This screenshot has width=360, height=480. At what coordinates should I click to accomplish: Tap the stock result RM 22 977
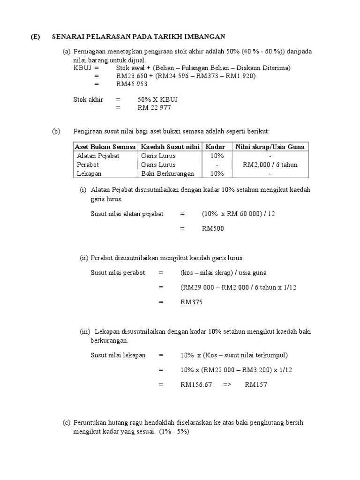point(154,108)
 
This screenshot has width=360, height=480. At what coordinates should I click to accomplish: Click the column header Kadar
point(216,147)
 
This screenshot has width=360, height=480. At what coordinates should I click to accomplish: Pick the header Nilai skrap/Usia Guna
point(270,147)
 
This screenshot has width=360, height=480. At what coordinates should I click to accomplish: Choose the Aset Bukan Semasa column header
point(105,147)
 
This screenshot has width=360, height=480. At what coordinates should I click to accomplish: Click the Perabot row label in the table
point(88,165)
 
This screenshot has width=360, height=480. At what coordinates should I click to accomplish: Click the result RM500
point(213,229)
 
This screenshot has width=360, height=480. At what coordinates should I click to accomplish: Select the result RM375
point(191,302)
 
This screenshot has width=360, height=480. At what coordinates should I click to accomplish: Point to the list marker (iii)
point(84,331)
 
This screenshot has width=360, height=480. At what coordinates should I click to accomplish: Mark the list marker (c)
point(66,422)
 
